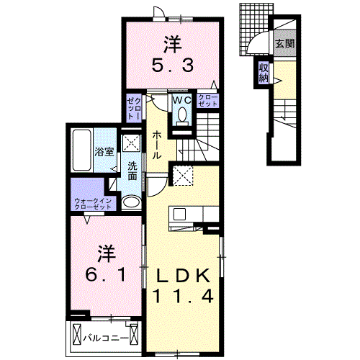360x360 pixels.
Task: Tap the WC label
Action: click(x=180, y=101)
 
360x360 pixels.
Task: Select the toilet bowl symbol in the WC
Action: click(x=181, y=115)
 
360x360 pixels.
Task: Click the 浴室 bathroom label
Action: click(x=104, y=151)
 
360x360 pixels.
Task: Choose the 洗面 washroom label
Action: click(x=132, y=172)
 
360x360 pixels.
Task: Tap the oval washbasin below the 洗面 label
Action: click(x=131, y=202)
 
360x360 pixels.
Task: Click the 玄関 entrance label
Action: click(x=283, y=44)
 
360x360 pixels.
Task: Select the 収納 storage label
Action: click(x=264, y=73)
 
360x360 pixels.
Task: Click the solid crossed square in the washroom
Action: click(x=131, y=143)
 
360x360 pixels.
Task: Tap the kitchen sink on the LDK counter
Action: click(x=179, y=213)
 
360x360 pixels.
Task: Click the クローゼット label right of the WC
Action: click(x=208, y=100)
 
